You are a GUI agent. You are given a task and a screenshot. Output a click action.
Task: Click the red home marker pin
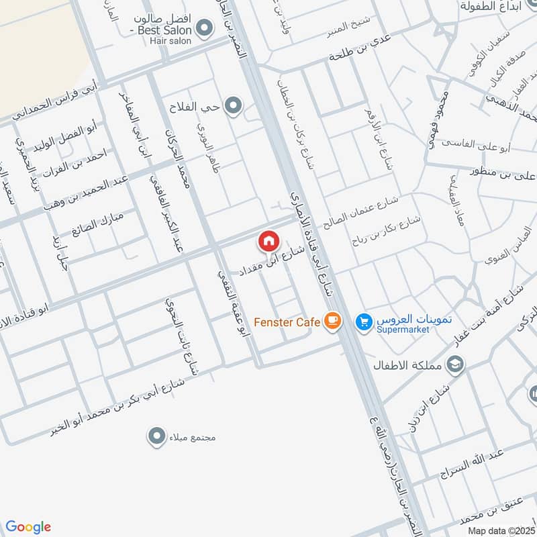pyautogui.click(x=268, y=241)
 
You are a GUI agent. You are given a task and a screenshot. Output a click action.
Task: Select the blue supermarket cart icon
pyautogui.click(x=364, y=322)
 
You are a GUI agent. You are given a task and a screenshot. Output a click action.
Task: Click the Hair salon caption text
pyautogui.click(x=171, y=41)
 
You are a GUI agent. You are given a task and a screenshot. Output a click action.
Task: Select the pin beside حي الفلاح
pyautogui.click(x=233, y=105)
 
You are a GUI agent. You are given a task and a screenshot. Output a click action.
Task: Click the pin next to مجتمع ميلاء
pyautogui.click(x=156, y=436)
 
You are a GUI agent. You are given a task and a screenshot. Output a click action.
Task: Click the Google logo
pyautogui.click(x=28, y=527)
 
